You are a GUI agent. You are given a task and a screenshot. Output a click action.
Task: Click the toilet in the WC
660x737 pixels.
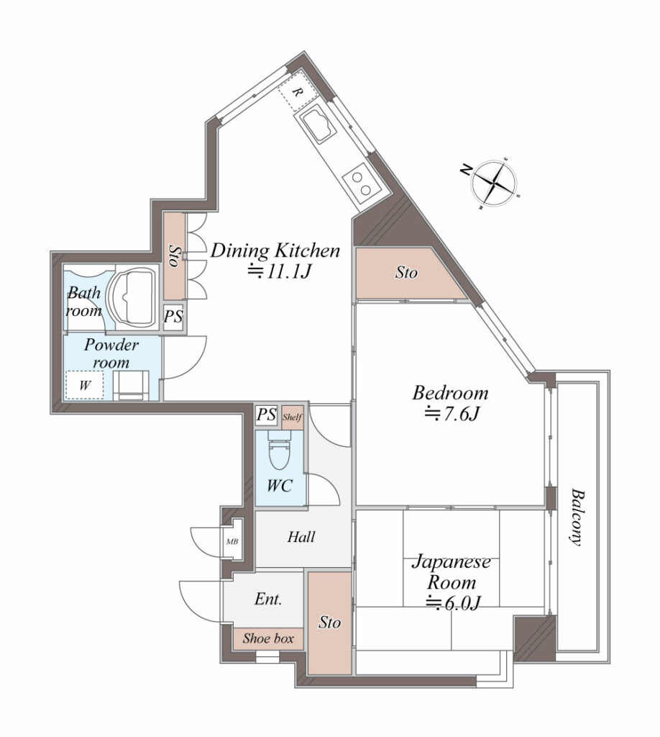(279, 451)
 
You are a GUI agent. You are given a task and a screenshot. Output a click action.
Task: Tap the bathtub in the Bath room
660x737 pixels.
(132, 297)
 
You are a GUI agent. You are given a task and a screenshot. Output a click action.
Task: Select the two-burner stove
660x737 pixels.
(361, 184)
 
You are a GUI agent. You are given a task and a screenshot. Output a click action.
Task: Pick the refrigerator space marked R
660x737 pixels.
(297, 91)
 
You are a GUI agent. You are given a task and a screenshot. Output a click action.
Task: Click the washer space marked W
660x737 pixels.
(85, 386)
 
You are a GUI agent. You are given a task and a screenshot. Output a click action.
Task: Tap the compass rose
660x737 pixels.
(494, 183)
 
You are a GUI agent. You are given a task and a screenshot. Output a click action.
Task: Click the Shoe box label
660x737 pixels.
(268, 639)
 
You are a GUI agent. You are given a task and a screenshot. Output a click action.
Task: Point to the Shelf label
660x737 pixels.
(293, 417)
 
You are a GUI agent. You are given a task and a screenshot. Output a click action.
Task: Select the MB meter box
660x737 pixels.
(232, 541)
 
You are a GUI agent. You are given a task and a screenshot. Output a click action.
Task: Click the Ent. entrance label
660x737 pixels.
(268, 600)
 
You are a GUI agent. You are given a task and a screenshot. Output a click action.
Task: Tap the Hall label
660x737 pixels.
(301, 537)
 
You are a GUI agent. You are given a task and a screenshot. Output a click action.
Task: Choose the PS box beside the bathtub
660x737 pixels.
(173, 317)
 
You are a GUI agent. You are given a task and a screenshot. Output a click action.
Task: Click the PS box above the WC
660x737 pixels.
(267, 415)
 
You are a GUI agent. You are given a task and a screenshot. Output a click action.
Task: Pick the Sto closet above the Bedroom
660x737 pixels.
(406, 272)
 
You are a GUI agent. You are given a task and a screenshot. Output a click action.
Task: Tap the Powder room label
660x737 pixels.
(111, 354)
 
